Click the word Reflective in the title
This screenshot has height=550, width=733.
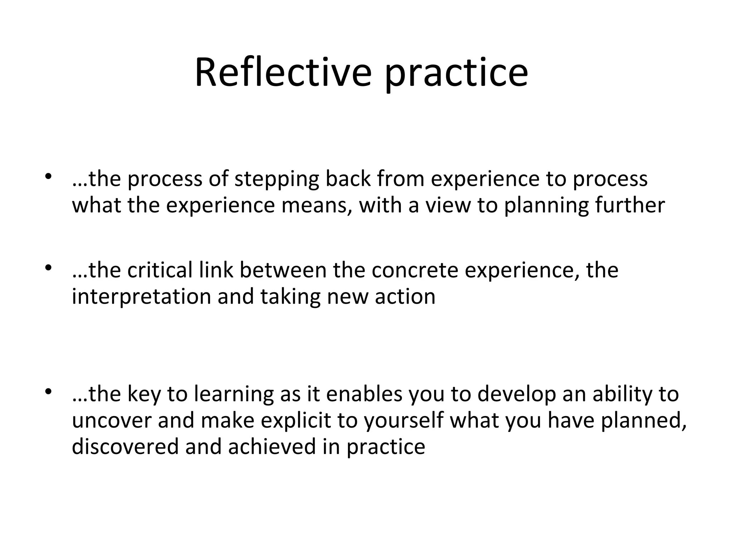click(x=283, y=73)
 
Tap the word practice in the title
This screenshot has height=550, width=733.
click(x=456, y=75)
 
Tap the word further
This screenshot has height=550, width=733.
click(x=630, y=206)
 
